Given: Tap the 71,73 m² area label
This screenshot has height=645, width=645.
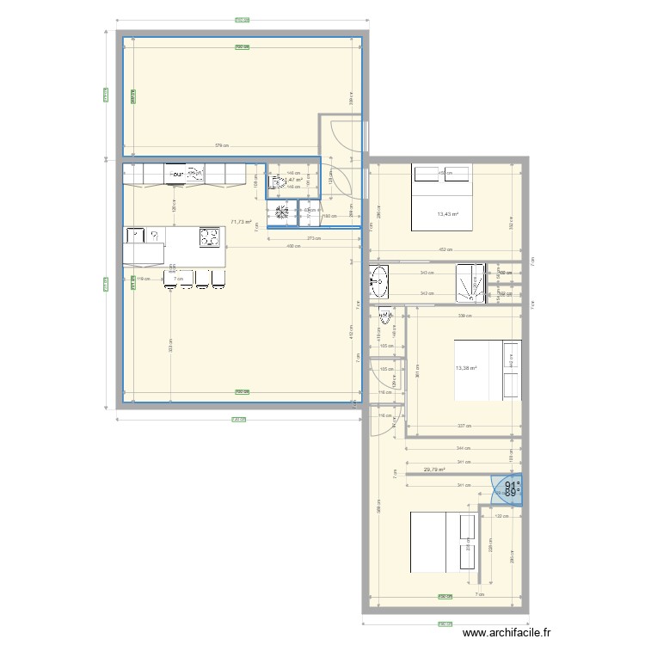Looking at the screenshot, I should point(242,222).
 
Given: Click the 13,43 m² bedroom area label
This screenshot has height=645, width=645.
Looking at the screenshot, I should point(447,214).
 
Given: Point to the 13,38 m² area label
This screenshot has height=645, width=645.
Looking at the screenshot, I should point(466,369).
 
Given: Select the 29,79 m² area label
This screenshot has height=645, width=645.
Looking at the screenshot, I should point(434,470).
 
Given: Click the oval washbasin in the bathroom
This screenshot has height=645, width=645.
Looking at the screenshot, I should point(379,278).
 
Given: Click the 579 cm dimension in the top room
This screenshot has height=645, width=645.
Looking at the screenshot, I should point(221,145).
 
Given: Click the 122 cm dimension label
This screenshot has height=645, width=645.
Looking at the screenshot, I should point(501,516).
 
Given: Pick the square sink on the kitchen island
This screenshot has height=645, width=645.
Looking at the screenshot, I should point(136,234).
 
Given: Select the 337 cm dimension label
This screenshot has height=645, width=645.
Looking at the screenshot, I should point(463,425).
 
